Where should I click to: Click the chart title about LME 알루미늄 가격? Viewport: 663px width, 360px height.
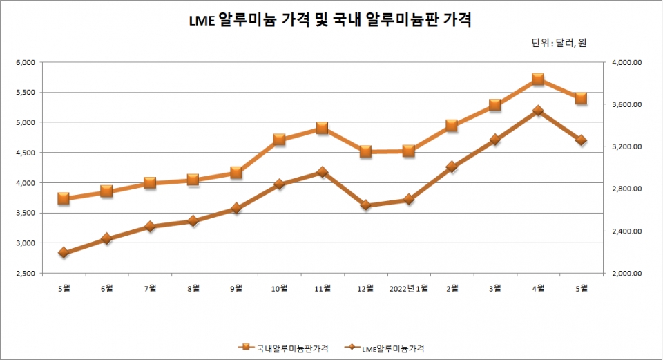(331, 20)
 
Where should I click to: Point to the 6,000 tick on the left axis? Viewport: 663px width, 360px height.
(25, 62)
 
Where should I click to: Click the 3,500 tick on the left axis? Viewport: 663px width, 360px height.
(25, 213)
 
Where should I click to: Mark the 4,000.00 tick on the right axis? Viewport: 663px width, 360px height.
(627, 62)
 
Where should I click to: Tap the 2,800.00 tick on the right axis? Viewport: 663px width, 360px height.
(627, 189)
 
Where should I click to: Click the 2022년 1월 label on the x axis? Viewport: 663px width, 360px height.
(409, 287)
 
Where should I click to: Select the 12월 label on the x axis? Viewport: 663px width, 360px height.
(365, 287)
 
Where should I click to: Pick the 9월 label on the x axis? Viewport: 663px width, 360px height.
(236, 287)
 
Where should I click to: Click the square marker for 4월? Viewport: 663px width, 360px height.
(538, 79)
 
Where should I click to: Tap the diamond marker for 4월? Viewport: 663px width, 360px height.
(538, 111)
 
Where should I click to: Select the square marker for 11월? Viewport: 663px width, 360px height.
(322, 128)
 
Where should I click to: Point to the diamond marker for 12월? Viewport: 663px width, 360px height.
(365, 205)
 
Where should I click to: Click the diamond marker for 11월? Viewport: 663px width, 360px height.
(322, 172)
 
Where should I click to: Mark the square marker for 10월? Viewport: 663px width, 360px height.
(279, 139)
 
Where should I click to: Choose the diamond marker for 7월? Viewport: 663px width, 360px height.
(150, 227)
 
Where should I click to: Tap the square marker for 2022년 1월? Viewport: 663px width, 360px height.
(409, 151)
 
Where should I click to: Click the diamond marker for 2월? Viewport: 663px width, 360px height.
(452, 167)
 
